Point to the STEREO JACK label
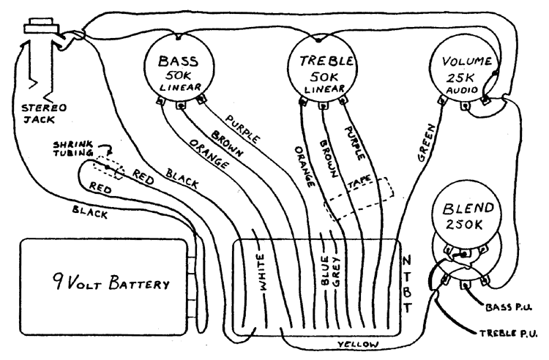click(x=44, y=113)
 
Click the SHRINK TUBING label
click(x=73, y=149)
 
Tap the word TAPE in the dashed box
click(x=359, y=183)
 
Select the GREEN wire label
click(x=427, y=143)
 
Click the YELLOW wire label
click(x=358, y=345)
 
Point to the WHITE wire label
click(x=261, y=272)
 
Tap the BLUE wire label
click(x=324, y=271)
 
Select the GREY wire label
click(x=336, y=272)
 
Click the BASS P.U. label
click(x=509, y=307)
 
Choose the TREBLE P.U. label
click(x=508, y=334)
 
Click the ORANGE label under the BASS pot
click(x=209, y=154)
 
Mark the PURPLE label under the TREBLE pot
click(x=355, y=143)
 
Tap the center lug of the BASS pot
click(x=181, y=105)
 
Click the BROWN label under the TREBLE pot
click(x=329, y=159)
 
